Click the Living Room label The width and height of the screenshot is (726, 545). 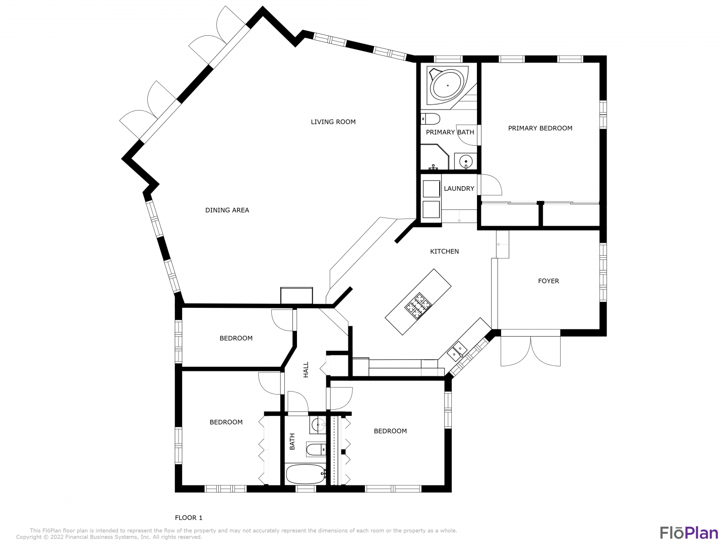pyautogui.click(x=333, y=122)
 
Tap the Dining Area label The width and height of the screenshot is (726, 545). pyautogui.click(x=227, y=210)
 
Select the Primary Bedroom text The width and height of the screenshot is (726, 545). pyautogui.click(x=540, y=128)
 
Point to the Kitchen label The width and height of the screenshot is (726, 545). pyautogui.click(x=444, y=251)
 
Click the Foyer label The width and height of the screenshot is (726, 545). pyautogui.click(x=549, y=281)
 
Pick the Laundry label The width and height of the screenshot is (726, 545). pyautogui.click(x=459, y=189)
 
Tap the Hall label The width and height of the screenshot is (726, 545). pyautogui.click(x=306, y=369)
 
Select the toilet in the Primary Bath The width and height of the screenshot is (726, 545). pyautogui.click(x=431, y=119)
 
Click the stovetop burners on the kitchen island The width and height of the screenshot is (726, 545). pyautogui.click(x=418, y=306)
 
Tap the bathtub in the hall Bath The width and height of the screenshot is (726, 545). pyautogui.click(x=306, y=474)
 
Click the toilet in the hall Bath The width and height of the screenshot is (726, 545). pyautogui.click(x=317, y=449)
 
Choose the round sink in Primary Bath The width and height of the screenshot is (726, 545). pyautogui.click(x=466, y=162)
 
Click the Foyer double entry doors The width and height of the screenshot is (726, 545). pyautogui.click(x=530, y=351)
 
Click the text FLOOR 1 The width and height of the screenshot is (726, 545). pyautogui.click(x=189, y=518)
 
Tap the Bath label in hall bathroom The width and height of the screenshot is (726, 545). pyautogui.click(x=292, y=442)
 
